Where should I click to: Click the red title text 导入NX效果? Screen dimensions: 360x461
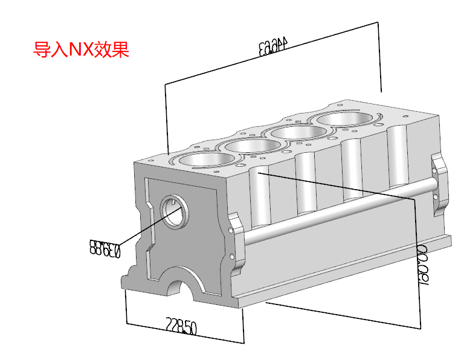[81, 49]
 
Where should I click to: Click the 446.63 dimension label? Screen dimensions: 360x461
[275, 47]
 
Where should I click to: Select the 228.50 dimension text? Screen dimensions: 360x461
[181, 327]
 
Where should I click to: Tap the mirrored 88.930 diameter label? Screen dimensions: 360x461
[106, 247]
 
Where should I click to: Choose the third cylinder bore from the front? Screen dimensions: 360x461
[301, 131]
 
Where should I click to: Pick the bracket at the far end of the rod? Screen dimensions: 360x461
[440, 181]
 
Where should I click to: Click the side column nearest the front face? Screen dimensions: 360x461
[260, 199]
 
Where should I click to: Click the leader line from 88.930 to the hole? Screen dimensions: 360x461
[145, 227]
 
